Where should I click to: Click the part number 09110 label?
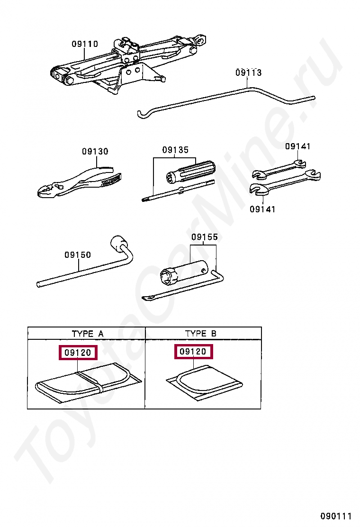point(85,44)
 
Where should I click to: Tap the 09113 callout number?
point(248,73)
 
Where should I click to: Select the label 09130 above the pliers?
point(95,151)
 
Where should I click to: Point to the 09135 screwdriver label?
point(175,150)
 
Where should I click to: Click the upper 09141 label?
point(298,146)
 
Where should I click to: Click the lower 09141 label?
point(262,209)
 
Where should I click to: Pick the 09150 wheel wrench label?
point(78,255)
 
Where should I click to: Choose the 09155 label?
point(205,237)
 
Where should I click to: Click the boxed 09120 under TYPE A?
point(78,353)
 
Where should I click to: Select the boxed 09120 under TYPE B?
point(193,352)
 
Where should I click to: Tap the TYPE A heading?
point(87,334)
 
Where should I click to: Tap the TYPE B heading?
point(200,334)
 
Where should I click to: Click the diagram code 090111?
point(336,516)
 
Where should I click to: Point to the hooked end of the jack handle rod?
point(141,114)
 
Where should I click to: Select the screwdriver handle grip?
point(191,172)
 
